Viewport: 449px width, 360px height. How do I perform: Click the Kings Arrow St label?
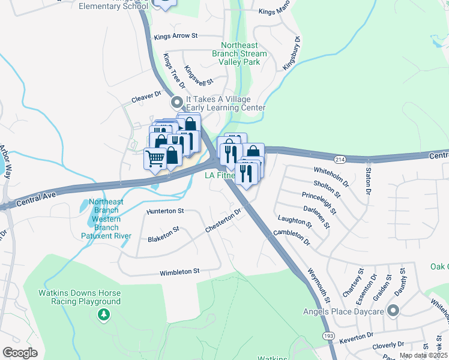coord(175,36)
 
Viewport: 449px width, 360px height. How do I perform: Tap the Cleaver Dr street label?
coord(147,95)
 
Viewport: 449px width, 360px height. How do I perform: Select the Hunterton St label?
coord(165,211)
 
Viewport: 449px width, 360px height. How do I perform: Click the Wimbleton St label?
coord(179,272)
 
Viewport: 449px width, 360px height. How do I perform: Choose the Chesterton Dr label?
coord(223,220)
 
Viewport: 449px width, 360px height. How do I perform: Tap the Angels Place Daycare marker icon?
coord(393,310)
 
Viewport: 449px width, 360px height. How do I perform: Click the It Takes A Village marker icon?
coord(177,102)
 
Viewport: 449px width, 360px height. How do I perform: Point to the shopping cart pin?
coord(155,159)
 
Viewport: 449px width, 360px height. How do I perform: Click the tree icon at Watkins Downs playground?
coord(104,314)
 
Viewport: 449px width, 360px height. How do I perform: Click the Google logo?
coord(20,353)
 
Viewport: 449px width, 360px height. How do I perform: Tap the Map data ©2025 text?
coord(423,355)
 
